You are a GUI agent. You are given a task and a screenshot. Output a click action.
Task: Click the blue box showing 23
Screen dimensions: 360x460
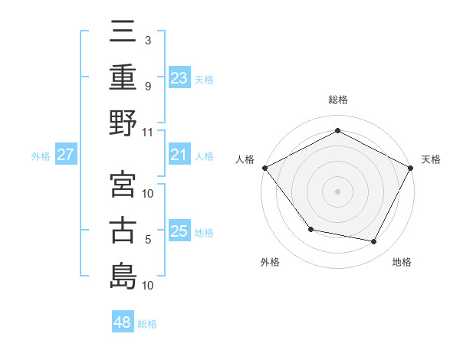click(179, 78)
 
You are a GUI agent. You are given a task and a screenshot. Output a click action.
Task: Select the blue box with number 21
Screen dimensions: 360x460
click(179, 155)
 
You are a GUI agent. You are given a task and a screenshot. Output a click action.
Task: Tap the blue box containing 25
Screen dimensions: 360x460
click(179, 231)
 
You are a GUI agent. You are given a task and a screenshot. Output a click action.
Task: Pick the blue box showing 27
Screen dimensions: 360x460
click(66, 155)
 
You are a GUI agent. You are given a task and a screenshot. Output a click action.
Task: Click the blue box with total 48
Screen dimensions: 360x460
click(122, 322)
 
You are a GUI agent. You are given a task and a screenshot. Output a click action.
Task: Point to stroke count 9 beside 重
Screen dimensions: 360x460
click(148, 86)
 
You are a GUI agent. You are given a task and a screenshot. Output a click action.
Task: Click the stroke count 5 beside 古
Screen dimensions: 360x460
click(148, 240)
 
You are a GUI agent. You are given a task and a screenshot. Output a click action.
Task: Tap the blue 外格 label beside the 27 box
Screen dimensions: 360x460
click(41, 156)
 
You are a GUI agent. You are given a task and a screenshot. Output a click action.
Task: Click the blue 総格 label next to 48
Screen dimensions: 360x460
click(147, 324)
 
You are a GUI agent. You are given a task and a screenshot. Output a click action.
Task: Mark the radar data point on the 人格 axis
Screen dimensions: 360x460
click(264, 167)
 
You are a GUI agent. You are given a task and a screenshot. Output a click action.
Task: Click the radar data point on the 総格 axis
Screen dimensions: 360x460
click(337, 130)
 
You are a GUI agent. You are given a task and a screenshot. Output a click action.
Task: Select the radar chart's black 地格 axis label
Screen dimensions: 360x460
click(402, 262)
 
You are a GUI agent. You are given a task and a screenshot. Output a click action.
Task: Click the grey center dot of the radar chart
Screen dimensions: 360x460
click(337, 191)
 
